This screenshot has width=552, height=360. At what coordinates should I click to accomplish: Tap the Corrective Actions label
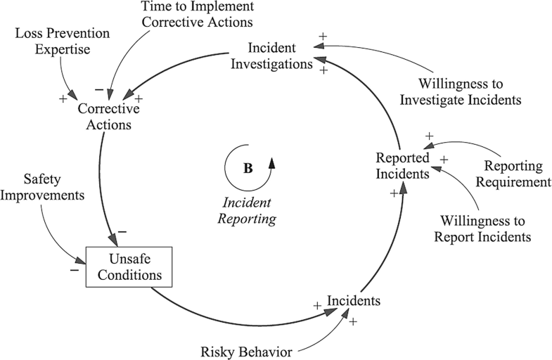pos(108,117)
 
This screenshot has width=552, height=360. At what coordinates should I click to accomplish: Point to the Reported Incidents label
pos(402,165)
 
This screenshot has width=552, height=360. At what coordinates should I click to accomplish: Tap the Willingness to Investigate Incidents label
pos(461,91)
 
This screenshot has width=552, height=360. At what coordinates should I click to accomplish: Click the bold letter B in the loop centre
pos(247,169)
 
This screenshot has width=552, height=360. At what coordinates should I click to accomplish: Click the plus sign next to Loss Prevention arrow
pos(63,98)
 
